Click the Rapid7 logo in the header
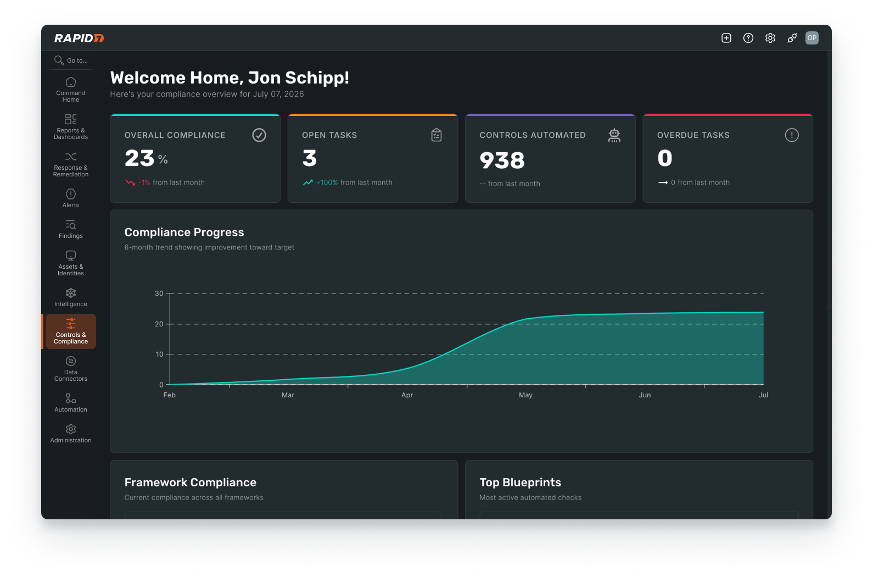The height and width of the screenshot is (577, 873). [79, 38]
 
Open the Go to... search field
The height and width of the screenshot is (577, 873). [71, 60]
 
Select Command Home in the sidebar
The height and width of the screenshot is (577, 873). [70, 90]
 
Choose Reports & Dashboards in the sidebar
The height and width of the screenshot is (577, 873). [70, 127]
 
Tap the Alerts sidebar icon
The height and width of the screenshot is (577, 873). [70, 194]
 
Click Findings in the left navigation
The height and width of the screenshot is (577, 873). [70, 229]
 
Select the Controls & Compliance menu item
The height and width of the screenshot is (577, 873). [70, 331]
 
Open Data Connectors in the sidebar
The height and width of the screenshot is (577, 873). [70, 369]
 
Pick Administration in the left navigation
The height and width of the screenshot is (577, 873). [70, 434]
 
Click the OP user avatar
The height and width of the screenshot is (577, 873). [812, 38]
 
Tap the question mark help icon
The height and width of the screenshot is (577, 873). [748, 38]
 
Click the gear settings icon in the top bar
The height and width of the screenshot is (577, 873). [770, 38]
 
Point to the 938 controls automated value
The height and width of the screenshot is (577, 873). [502, 160]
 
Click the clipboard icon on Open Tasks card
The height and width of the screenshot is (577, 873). [436, 135]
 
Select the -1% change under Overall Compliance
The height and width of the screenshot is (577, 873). [144, 182]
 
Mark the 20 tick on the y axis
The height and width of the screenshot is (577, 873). [159, 324]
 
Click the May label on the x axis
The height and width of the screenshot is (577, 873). [525, 395]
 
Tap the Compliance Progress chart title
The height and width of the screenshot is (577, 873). [184, 232]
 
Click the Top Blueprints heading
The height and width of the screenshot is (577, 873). [520, 482]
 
